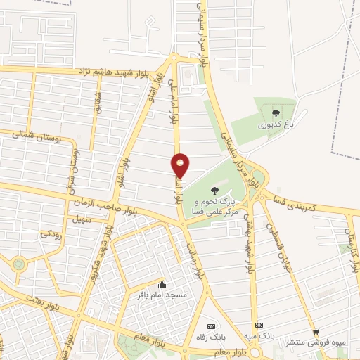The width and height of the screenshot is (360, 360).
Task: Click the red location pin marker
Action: coord(181,165)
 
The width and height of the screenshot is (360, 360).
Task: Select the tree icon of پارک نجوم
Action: coord(214,190)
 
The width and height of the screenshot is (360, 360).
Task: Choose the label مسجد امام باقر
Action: coord(162,295)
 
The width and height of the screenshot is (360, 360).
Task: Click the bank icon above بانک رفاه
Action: coord(211,326)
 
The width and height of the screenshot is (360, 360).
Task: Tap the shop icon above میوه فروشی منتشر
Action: coord(315,331)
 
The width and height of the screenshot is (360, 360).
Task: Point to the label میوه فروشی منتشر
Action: coord(314,342)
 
